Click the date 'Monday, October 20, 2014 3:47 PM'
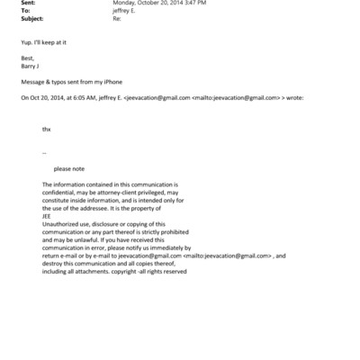tap(158, 4)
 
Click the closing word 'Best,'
tap(27, 58)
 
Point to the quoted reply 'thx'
tap(47, 130)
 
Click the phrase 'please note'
tap(69, 168)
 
